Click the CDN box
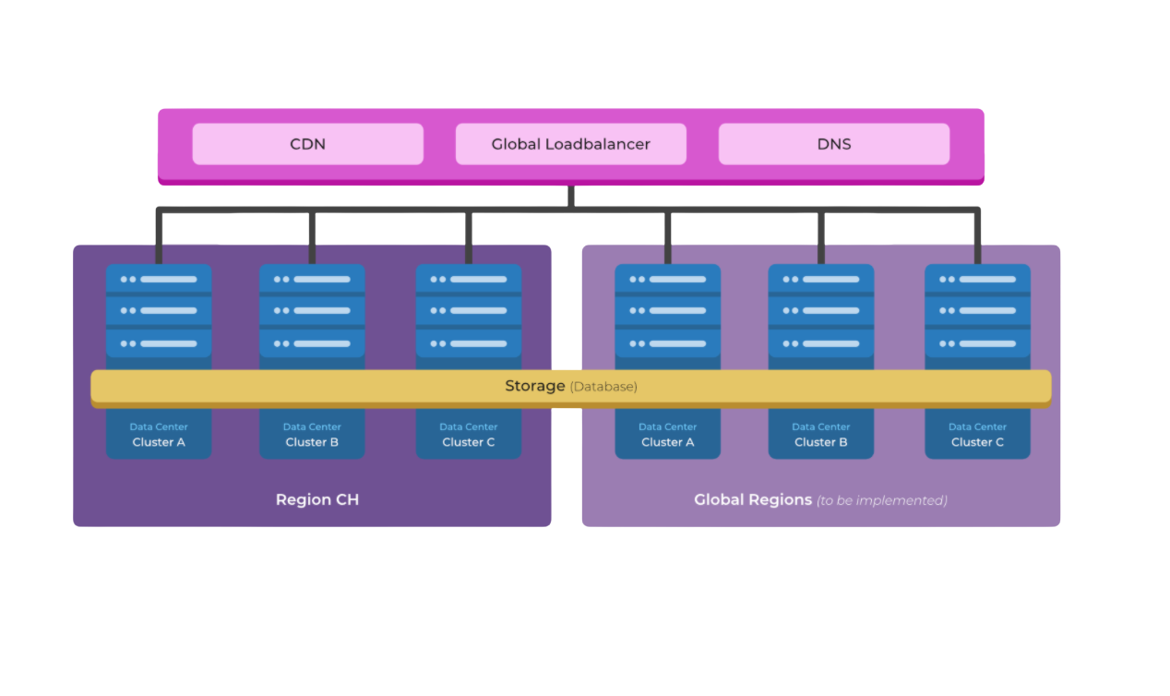click(307, 144)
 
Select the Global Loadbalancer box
click(570, 144)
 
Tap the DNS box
click(833, 144)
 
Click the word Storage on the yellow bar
click(534, 386)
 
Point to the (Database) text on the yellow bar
click(603, 387)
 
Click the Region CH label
click(316, 499)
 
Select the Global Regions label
click(752, 499)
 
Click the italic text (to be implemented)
click(882, 500)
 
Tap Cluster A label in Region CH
click(159, 442)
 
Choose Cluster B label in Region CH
click(312, 442)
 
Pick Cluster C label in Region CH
click(468, 442)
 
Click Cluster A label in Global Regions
click(667, 442)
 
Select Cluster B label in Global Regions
click(820, 442)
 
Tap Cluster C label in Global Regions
click(977, 442)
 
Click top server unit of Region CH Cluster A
click(159, 279)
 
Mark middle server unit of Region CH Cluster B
click(312, 311)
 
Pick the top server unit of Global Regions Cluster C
click(977, 279)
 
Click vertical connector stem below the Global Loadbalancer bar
click(570, 196)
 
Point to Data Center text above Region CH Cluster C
click(468, 426)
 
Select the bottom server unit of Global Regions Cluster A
click(667, 343)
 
